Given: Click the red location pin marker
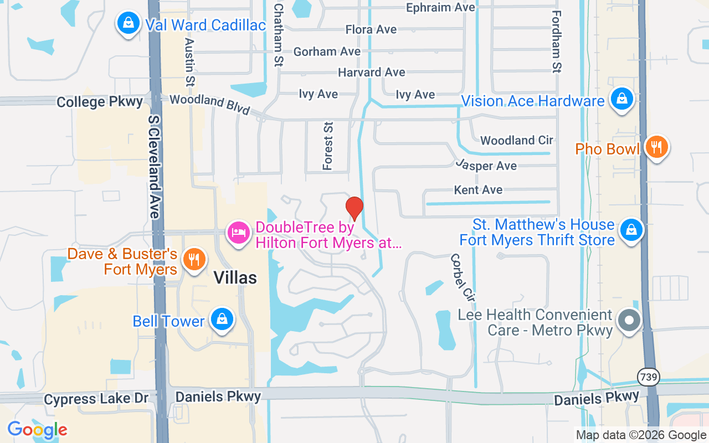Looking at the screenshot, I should click(354, 208).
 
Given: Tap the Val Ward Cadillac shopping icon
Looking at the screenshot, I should click(129, 23).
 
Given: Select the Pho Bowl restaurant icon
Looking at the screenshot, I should click(656, 147).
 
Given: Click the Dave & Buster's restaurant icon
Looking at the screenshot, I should click(194, 259).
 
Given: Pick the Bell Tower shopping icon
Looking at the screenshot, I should click(222, 320).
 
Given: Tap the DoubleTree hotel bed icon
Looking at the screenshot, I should click(239, 233).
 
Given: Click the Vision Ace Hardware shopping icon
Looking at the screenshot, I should click(622, 99).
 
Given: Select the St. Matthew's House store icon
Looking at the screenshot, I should click(631, 230).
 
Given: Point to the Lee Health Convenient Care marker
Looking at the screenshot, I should click(629, 321).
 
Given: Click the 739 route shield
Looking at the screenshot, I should click(648, 377).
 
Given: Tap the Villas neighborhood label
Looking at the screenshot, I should click(235, 277).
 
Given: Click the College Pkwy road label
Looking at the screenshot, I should click(100, 102).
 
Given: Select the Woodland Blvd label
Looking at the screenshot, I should click(209, 104).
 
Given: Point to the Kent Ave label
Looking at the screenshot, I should click(478, 190).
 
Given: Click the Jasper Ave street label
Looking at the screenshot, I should click(486, 164).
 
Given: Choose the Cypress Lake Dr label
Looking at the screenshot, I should click(96, 398).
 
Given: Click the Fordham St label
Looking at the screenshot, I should click(557, 42).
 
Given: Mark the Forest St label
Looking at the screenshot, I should click(328, 146).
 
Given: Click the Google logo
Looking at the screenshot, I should click(37, 430).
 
